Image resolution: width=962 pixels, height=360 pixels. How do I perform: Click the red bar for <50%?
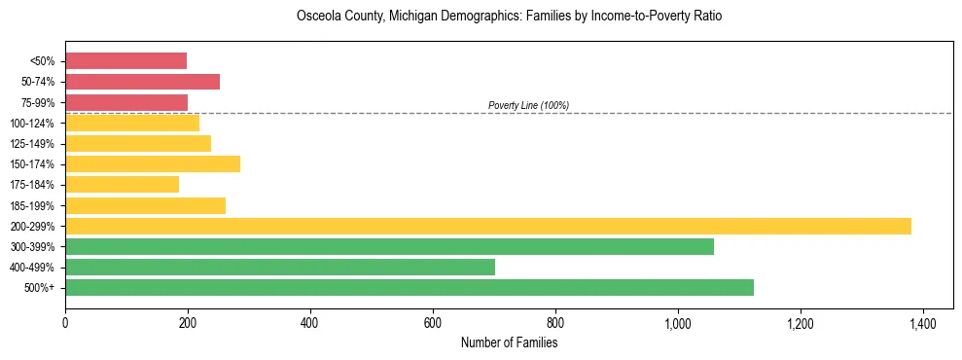125,61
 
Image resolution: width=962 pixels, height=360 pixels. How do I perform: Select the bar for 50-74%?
142,82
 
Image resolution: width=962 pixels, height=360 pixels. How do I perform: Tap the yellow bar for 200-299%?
487,226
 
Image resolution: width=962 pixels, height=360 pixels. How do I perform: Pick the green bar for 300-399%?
389,246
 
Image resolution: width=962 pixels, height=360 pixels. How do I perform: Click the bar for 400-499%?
279,267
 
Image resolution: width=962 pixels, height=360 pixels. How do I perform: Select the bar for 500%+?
409,287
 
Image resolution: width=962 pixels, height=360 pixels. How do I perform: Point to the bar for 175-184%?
122,184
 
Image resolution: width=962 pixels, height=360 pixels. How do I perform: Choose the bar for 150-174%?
152,163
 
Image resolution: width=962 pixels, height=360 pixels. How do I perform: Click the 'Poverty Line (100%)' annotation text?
528,105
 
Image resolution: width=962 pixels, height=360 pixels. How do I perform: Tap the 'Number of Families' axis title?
509,342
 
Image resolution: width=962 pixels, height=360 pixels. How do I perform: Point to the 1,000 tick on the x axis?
678,323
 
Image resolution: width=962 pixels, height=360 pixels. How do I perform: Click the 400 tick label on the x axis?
310,323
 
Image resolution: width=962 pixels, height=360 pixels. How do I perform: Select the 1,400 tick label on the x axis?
923,323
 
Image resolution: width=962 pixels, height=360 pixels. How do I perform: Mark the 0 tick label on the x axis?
65,323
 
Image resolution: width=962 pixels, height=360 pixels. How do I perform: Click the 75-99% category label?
38,102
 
